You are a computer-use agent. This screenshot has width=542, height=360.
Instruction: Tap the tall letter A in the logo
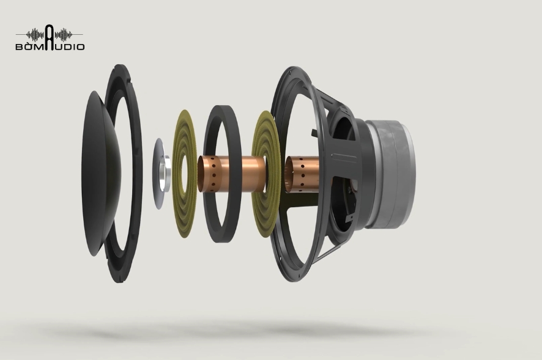(50, 37)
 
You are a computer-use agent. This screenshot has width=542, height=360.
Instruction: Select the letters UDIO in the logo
(70, 46)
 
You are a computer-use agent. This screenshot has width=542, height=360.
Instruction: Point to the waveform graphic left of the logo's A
(35, 35)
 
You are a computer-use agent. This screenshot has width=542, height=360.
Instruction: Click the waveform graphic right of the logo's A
(64, 35)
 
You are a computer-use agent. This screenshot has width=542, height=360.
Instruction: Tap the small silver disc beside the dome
(158, 173)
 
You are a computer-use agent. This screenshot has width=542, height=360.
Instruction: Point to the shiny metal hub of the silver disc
(166, 174)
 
